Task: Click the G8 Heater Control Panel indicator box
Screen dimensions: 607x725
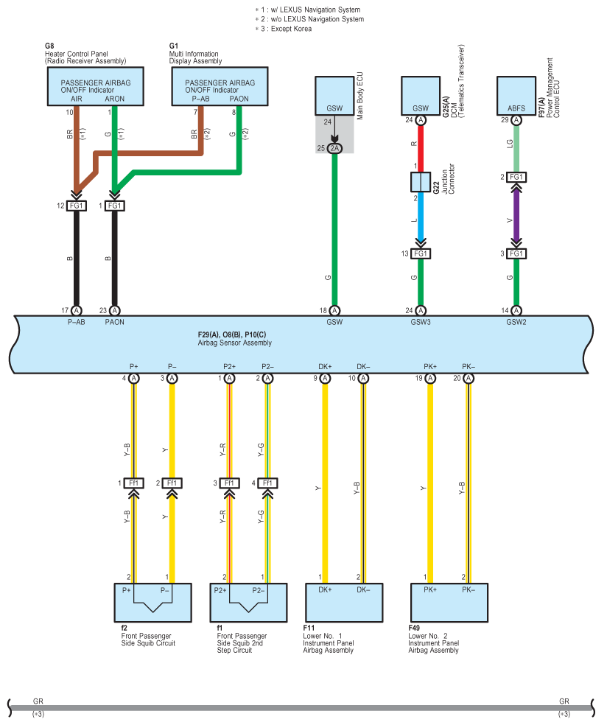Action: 95,86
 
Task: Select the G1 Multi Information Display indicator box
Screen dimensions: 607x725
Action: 220,86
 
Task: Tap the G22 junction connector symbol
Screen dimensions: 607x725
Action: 421,182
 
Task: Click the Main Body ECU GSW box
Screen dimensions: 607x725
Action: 334,96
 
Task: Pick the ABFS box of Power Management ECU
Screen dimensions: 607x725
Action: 516,96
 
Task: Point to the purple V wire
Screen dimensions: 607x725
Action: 516,216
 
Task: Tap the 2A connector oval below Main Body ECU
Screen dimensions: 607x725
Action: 334,148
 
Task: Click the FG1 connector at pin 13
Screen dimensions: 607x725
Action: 421,254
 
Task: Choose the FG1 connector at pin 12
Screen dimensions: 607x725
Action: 77,206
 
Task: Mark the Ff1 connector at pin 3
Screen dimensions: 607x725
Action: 229,483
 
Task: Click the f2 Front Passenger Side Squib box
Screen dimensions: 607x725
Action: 153,603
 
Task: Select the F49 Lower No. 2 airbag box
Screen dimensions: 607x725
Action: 449,603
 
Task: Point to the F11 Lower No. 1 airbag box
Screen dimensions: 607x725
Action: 344,603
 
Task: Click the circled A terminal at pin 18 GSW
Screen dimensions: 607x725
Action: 334,311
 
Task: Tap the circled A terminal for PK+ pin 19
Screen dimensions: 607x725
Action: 430,378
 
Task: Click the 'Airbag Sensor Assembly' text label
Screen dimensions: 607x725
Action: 235,343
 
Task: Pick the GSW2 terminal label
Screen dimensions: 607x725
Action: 516,322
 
